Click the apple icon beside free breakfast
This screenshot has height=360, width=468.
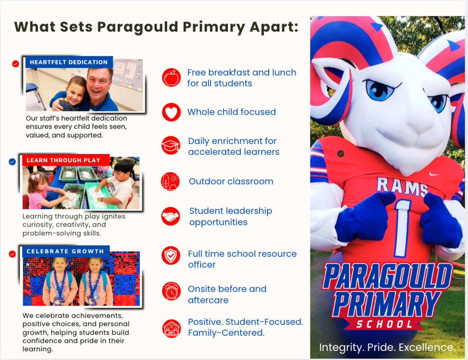[x=171, y=78]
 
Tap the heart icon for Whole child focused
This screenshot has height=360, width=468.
[x=171, y=112]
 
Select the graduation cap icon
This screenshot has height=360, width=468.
[x=171, y=146]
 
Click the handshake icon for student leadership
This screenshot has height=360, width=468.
[x=171, y=217]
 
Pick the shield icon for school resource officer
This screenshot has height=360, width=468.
[x=171, y=256]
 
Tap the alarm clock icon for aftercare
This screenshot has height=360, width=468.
[x=171, y=291]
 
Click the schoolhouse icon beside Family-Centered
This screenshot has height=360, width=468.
[x=171, y=328]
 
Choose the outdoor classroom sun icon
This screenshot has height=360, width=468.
[x=171, y=181]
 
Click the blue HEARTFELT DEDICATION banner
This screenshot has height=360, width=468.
[x=69, y=62]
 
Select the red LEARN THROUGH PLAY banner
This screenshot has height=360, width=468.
[x=66, y=160]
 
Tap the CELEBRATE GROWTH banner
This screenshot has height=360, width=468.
[x=65, y=251]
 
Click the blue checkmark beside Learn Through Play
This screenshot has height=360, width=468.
[x=12, y=161]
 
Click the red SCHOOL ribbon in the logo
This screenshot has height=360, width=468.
[x=383, y=324]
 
